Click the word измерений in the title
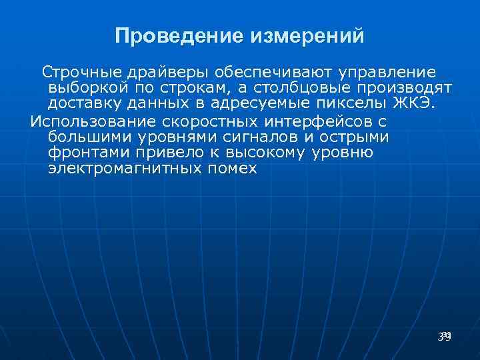307,35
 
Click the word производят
413,88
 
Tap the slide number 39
445,337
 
